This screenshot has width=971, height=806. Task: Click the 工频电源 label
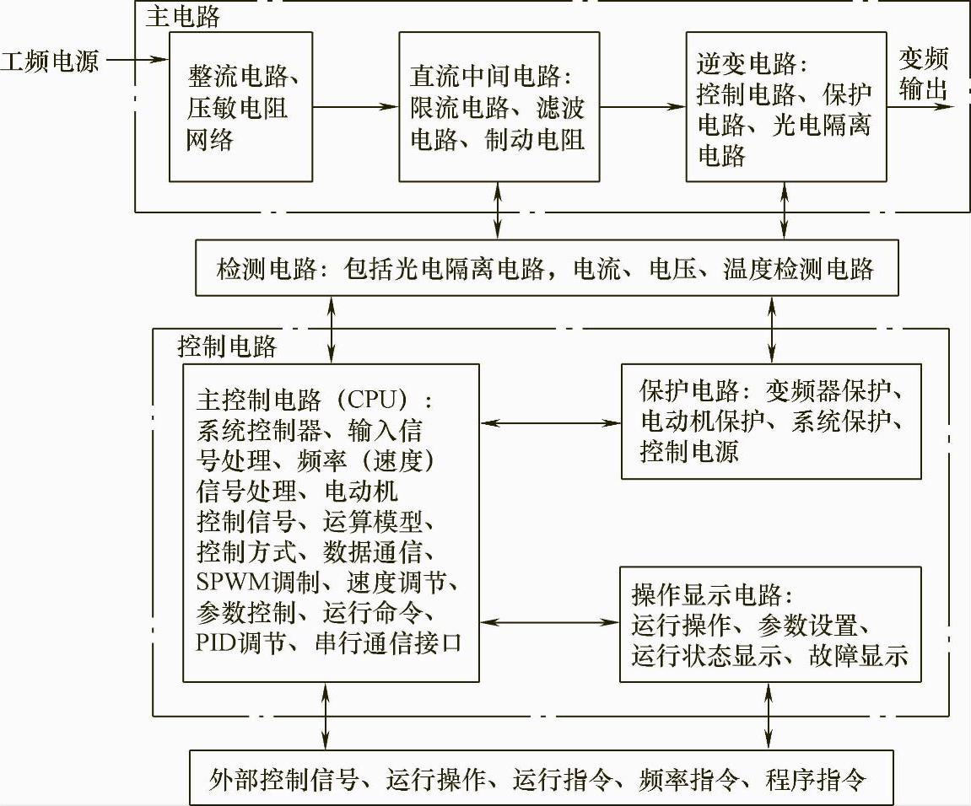click(51, 62)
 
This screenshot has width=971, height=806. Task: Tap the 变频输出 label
click(924, 73)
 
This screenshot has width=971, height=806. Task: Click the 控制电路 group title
click(227, 347)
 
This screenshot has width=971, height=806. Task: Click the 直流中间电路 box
click(499, 107)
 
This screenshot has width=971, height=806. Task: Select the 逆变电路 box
click(785, 107)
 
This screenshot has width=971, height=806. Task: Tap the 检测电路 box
click(547, 269)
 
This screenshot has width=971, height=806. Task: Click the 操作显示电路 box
click(770, 625)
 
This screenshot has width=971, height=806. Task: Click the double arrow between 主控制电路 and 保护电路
click(550, 421)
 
